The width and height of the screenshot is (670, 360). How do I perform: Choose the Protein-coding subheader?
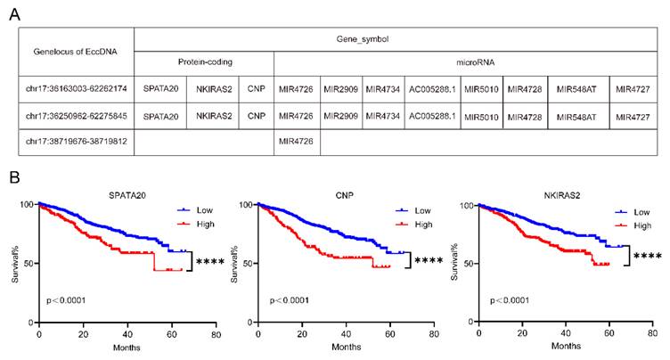click(203, 64)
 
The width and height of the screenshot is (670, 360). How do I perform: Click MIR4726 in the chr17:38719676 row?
click(296, 142)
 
